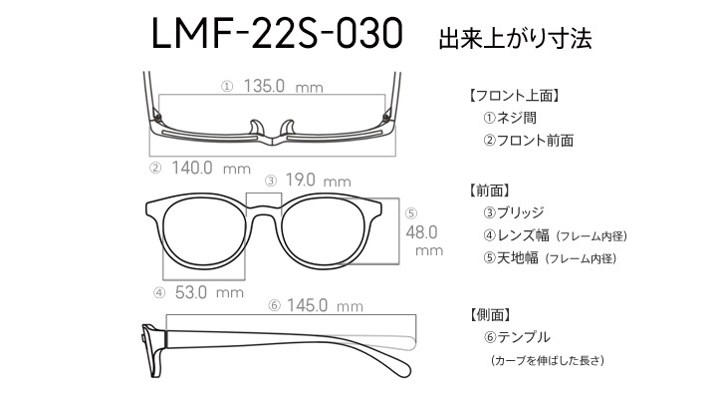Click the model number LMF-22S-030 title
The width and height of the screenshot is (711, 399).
pyautogui.click(x=277, y=34)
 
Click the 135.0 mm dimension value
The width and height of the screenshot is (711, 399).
pyautogui.click(x=283, y=86)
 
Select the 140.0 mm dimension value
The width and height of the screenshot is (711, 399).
pyautogui.click(x=211, y=169)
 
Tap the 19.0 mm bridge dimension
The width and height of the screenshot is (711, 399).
pyautogui.click(x=318, y=181)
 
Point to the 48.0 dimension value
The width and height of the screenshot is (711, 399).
pyautogui.click(x=421, y=232)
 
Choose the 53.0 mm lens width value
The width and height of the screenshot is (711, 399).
pyautogui.click(x=209, y=292)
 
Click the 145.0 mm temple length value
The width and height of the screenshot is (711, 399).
pyautogui.click(x=325, y=305)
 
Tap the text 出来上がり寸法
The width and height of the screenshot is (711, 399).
pyautogui.click(x=515, y=39)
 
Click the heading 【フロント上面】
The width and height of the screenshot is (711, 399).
pyautogui.click(x=514, y=96)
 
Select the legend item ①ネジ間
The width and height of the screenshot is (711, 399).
pyautogui.click(x=510, y=118)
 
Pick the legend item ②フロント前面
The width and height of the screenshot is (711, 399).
pyautogui.click(x=528, y=141)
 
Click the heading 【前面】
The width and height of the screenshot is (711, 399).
pyautogui.click(x=489, y=191)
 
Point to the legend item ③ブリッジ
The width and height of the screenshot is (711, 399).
pyautogui.click(x=513, y=212)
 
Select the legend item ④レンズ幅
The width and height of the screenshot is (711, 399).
pyautogui.click(x=516, y=235)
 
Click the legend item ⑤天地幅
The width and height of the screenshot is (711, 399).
pyautogui.click(x=511, y=258)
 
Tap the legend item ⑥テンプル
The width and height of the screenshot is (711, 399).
pyautogui.click(x=517, y=337)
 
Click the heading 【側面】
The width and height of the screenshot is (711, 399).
pyautogui.click(x=489, y=314)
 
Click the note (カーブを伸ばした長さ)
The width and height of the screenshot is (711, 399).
pyautogui.click(x=548, y=360)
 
